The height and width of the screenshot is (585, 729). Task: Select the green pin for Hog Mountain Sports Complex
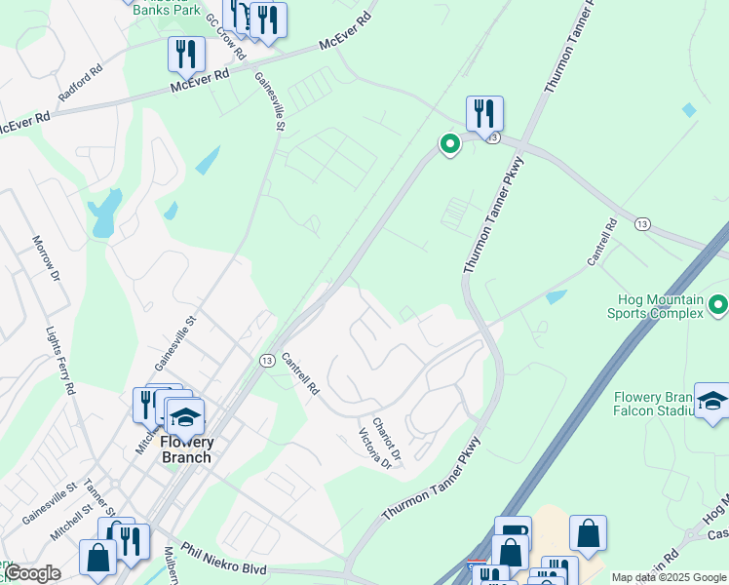pyautogui.click(x=718, y=305)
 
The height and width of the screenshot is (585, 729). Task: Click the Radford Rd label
pyautogui.click(x=80, y=84)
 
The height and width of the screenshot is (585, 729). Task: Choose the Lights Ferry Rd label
pyautogui.click(x=61, y=357)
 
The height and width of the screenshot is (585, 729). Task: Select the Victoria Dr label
pyautogui.click(x=375, y=449)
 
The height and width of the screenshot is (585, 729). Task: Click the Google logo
pyautogui.click(x=31, y=574)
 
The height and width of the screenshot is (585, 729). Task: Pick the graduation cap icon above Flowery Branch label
pyautogui.click(x=184, y=416)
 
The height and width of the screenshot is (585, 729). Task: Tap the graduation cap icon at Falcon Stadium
pyautogui.click(x=712, y=400)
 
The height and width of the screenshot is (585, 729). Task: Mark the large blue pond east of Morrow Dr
pyautogui.click(x=104, y=214)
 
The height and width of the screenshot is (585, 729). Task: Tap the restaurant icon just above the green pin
pyautogui.click(x=484, y=113)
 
